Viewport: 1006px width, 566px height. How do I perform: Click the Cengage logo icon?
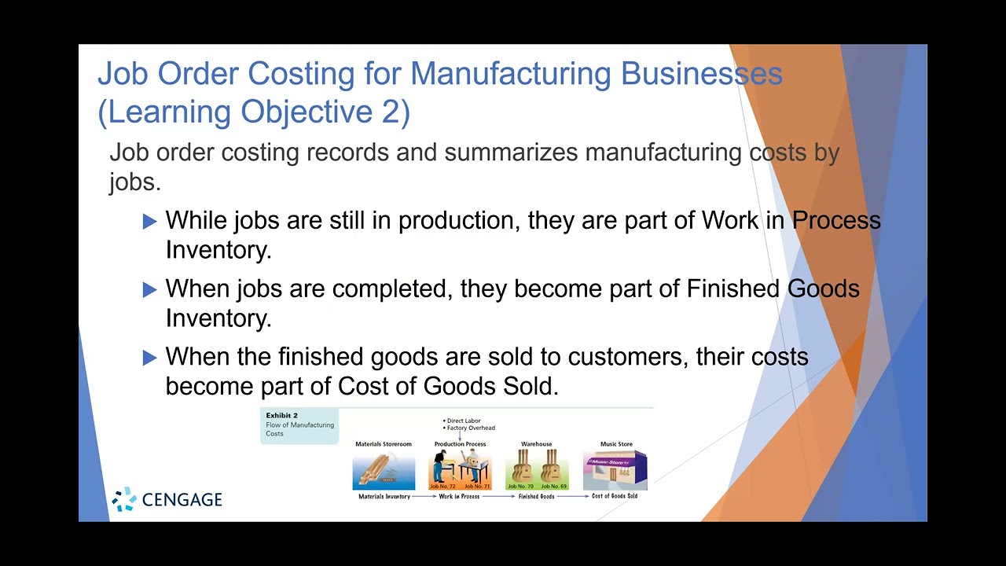tap(124, 499)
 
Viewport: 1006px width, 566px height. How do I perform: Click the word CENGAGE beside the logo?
tap(182, 500)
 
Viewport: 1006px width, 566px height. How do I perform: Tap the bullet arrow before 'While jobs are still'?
tap(150, 222)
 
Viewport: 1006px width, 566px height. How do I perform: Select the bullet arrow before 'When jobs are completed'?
tap(150, 290)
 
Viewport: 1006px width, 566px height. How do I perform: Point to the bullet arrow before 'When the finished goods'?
tap(150, 358)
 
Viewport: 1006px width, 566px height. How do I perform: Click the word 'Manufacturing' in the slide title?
tap(510, 74)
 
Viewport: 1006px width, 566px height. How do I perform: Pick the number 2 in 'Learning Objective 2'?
tap(391, 112)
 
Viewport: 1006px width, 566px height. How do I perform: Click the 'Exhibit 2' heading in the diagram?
tap(281, 415)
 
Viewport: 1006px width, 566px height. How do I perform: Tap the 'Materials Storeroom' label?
tap(383, 444)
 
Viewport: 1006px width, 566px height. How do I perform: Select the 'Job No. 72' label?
tap(442, 487)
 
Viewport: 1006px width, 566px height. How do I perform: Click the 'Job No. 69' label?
tap(553, 487)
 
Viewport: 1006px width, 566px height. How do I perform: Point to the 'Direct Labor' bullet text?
tap(464, 421)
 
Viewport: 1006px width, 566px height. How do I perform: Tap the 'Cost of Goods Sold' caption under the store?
tap(615, 497)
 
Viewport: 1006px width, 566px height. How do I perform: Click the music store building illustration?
tap(615, 469)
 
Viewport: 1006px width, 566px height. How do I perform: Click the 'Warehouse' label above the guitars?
tap(536, 444)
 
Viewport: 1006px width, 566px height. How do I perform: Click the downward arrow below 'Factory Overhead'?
tap(460, 436)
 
